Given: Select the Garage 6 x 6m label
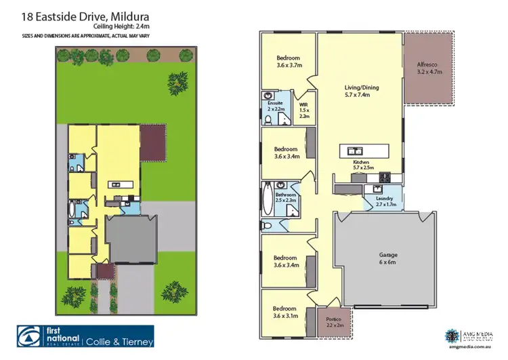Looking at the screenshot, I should (x=387, y=258).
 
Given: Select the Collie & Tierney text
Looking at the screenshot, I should (x=119, y=341).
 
